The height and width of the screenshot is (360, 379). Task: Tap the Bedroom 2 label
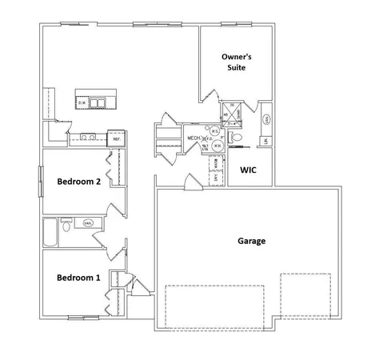pyautogui.click(x=78, y=182)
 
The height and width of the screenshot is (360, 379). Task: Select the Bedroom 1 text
pyautogui.click(x=78, y=278)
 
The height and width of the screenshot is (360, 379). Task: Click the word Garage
pyautogui.click(x=252, y=240)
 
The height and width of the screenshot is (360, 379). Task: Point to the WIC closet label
pyautogui.click(x=248, y=170)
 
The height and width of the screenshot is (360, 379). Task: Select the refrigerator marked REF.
pyautogui.click(x=117, y=139)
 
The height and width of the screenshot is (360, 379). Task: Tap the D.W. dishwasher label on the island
pyautogui.click(x=82, y=102)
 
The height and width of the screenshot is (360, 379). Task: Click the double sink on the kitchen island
pyautogui.click(x=98, y=102)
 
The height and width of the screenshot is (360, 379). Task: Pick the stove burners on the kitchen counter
pyautogui.click(x=90, y=138)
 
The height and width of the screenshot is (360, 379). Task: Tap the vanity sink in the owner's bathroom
pyautogui.click(x=265, y=119)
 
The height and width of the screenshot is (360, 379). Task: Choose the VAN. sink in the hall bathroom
pyautogui.click(x=88, y=222)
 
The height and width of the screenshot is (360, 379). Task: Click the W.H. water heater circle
pyautogui.click(x=214, y=133)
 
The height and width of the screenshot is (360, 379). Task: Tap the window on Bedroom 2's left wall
pyautogui.click(x=40, y=180)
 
